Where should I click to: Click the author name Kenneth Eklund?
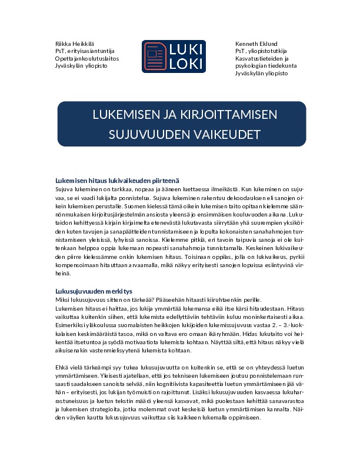[x=256, y=44]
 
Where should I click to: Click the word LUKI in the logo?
[x=186, y=49]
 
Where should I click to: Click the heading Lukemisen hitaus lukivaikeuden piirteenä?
[x=116, y=181]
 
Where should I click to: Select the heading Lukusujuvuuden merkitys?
[x=94, y=291]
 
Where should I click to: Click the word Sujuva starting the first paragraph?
[x=64, y=189]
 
